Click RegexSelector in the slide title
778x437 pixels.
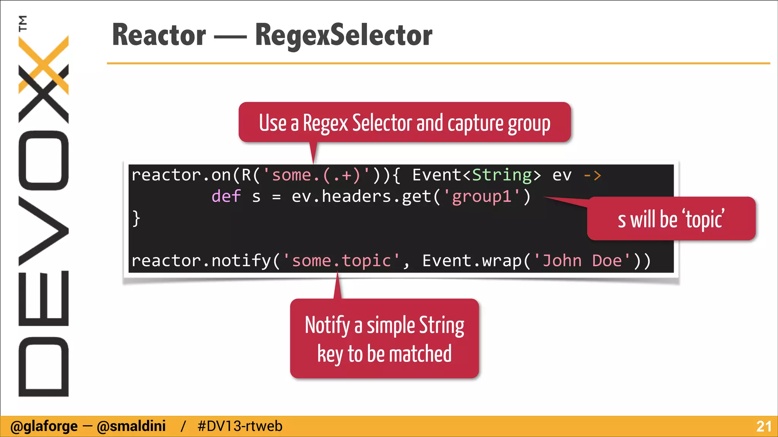(x=343, y=35)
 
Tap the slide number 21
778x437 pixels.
(x=764, y=426)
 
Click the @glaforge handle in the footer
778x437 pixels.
(x=44, y=426)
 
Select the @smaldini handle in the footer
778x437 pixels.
(x=131, y=426)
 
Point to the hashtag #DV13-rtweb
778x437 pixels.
(x=240, y=426)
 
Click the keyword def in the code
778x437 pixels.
(x=226, y=196)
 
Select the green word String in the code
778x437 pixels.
(x=502, y=175)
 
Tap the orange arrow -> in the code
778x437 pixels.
(x=592, y=175)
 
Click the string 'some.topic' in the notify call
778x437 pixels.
(x=341, y=261)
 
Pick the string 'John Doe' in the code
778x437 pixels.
(x=582, y=261)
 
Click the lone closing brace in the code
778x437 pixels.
(x=136, y=218)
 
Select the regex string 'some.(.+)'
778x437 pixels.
(x=316, y=175)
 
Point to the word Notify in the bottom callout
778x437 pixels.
(x=327, y=325)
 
